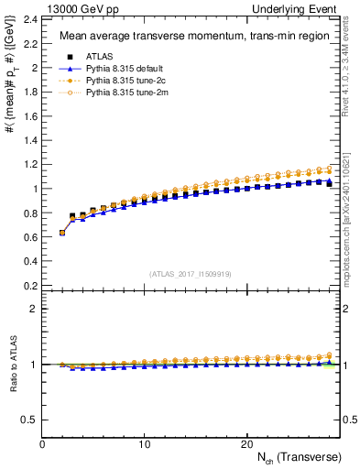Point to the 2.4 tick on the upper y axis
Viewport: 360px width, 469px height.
(x=29, y=19)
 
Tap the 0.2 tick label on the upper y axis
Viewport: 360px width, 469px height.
(x=29, y=285)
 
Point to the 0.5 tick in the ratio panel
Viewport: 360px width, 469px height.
(x=29, y=420)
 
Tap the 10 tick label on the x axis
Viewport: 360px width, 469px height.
(x=144, y=444)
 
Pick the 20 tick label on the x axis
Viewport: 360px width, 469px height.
(x=245, y=444)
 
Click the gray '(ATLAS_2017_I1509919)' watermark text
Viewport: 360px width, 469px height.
(x=189, y=273)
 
